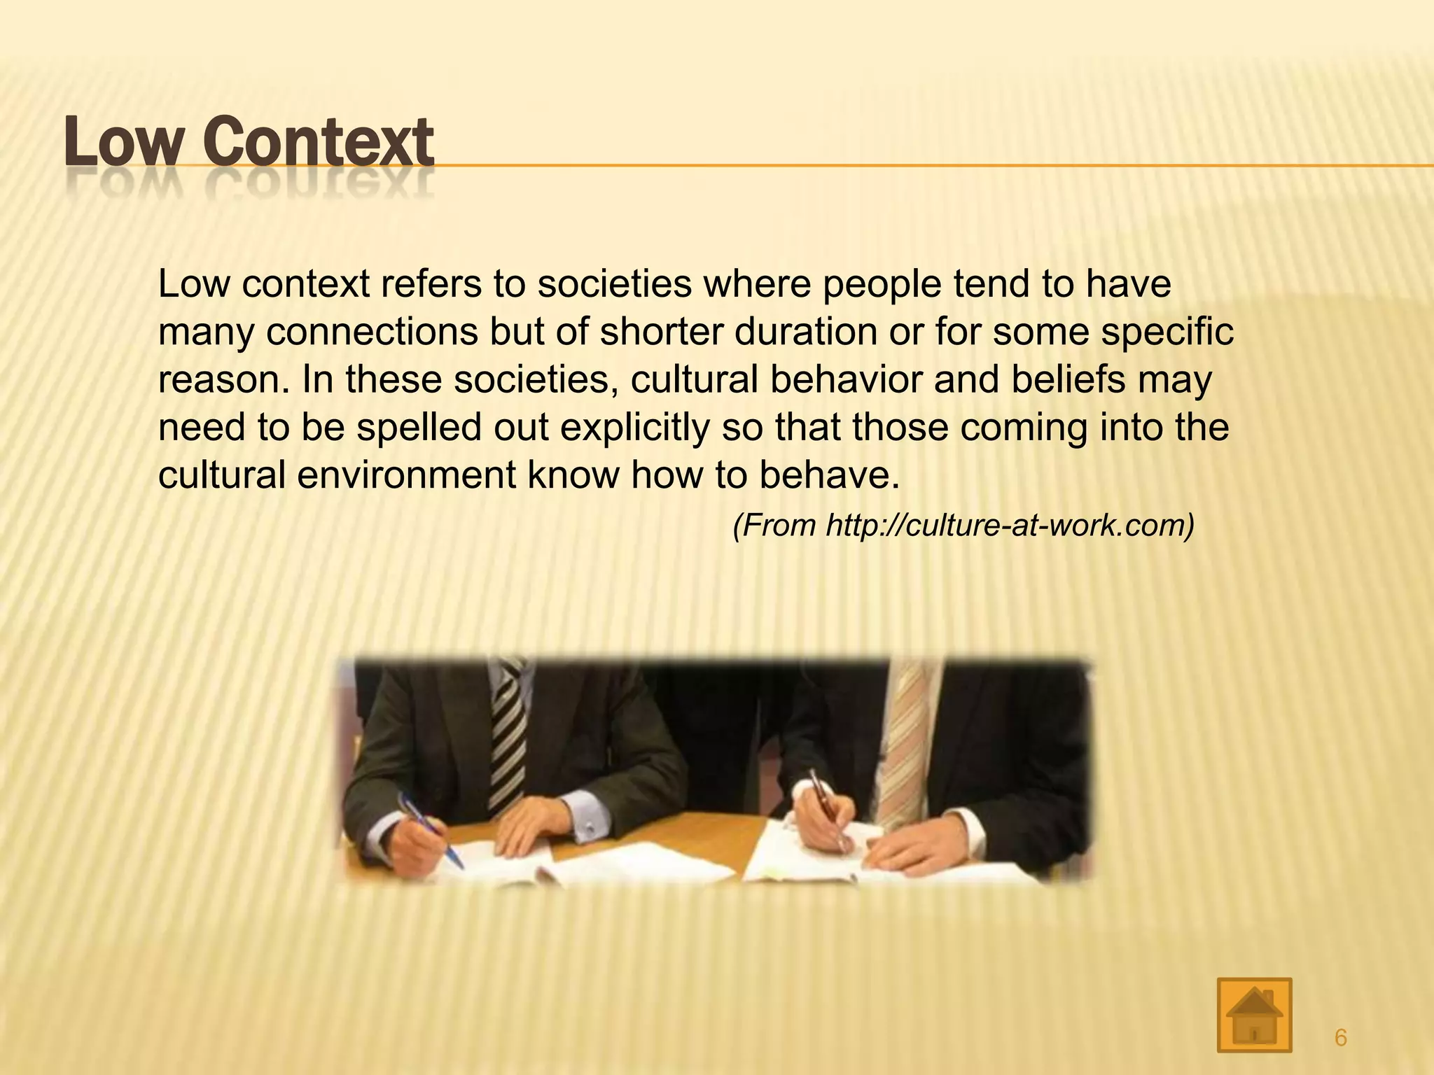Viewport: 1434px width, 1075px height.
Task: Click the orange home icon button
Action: (x=1254, y=1015)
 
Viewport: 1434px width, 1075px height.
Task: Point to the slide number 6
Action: (x=1340, y=1038)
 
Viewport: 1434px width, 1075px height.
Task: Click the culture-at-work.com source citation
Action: (x=963, y=526)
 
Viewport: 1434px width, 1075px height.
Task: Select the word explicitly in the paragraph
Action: (x=635, y=428)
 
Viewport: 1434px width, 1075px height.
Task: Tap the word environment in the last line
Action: (x=406, y=475)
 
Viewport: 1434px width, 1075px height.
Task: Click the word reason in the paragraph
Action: (x=223, y=379)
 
